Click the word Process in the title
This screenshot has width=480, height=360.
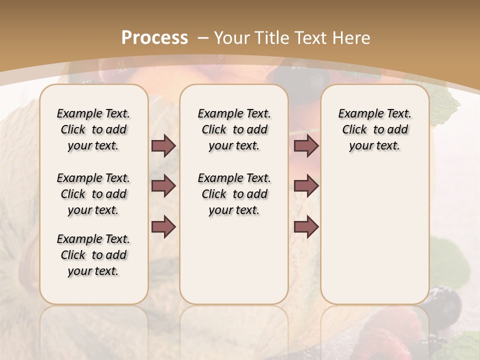pos(154,38)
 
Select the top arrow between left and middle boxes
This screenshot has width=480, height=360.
pos(163,145)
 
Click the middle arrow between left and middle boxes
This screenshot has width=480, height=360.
pos(163,186)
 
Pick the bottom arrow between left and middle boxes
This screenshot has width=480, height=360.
pos(163,227)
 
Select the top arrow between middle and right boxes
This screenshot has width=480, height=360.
pos(306,145)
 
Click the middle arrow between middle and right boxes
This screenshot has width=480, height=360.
pos(306,186)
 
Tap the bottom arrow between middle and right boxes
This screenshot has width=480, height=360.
pos(306,227)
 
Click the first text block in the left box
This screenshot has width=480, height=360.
pos(93,129)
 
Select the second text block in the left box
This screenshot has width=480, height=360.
pos(93,194)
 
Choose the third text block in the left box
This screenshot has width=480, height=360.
pos(93,255)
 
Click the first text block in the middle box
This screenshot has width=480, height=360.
pos(234,129)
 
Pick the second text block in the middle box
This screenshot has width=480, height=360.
pos(234,194)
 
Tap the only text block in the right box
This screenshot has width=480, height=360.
pos(374,129)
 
